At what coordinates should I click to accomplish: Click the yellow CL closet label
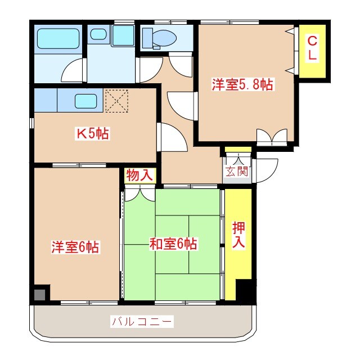point(312,48)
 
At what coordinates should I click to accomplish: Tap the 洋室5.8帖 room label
point(242,85)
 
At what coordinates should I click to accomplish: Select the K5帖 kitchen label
point(93,134)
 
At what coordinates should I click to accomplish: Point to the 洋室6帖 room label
point(76,246)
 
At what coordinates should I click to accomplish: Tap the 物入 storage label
point(139,175)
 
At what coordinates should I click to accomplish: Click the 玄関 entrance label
point(237,171)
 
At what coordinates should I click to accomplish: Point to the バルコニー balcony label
point(142,322)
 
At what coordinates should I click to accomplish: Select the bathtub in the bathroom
point(58,39)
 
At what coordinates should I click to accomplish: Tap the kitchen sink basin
point(87,102)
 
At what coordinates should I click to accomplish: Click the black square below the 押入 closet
point(245,290)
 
